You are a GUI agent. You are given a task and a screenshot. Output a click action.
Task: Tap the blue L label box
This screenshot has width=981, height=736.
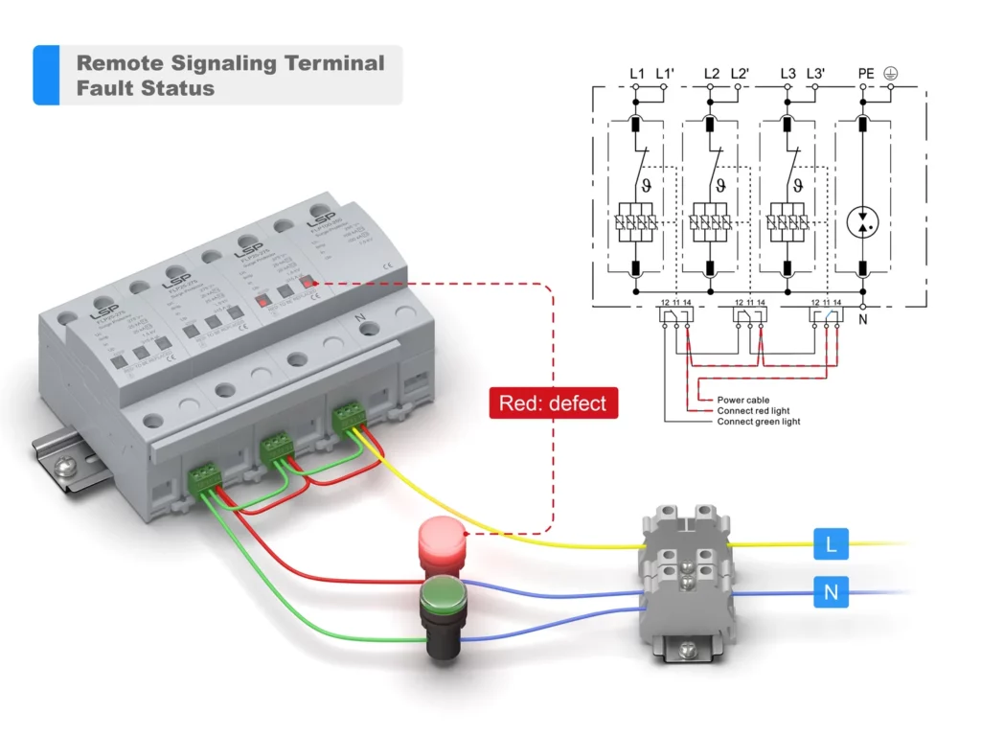click(831, 544)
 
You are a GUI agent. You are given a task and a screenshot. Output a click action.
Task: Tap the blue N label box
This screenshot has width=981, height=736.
click(831, 592)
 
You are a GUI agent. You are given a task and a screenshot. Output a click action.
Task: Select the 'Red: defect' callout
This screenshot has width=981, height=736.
click(553, 402)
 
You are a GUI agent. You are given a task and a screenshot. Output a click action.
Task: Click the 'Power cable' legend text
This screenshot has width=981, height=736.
click(743, 400)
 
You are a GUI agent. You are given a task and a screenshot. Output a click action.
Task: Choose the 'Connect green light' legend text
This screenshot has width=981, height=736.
click(759, 422)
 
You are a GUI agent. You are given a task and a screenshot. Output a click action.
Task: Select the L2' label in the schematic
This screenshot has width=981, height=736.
click(740, 73)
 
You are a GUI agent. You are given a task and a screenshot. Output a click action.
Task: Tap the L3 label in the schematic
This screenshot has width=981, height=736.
click(787, 73)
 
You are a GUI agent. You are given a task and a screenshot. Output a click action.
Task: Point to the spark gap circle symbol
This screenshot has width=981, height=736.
click(863, 221)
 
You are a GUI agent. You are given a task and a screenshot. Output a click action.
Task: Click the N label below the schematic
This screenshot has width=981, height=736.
click(862, 319)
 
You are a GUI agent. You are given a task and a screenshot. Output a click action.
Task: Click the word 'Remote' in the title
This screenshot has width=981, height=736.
click(120, 63)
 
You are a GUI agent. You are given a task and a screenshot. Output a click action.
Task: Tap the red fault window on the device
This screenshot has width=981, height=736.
click(308, 280)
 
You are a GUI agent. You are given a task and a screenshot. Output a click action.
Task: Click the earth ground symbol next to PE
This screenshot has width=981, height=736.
click(891, 73)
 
